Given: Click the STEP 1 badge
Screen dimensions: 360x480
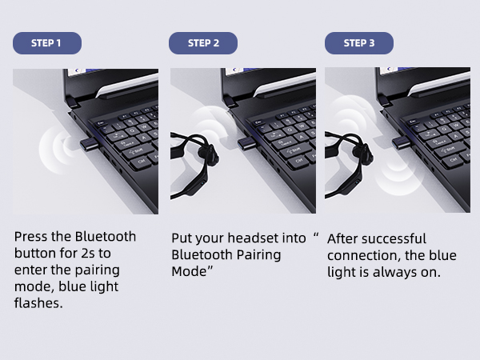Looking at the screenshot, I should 46,43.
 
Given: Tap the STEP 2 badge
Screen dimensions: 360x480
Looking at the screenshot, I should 203,43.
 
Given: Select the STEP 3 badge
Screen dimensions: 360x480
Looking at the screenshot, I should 358,43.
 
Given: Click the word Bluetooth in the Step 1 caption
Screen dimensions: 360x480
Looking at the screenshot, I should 106,237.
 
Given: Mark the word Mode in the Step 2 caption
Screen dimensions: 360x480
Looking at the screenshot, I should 190,272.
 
